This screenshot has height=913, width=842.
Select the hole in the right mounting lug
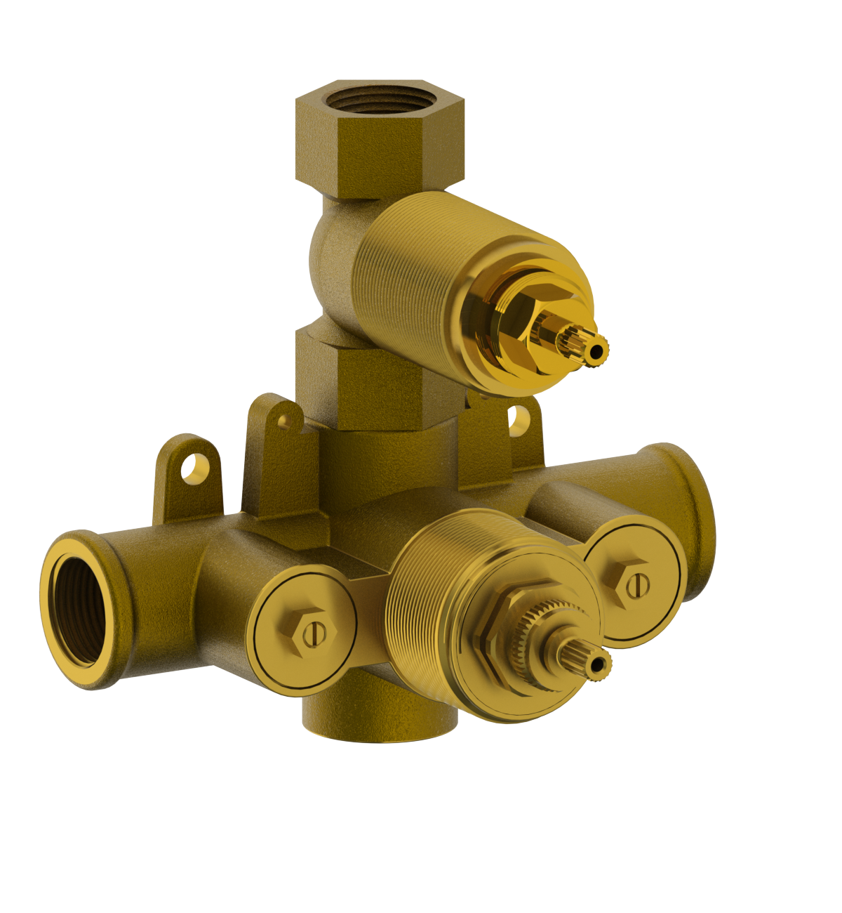click(519, 418)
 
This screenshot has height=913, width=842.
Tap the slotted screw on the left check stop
click(314, 634)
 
